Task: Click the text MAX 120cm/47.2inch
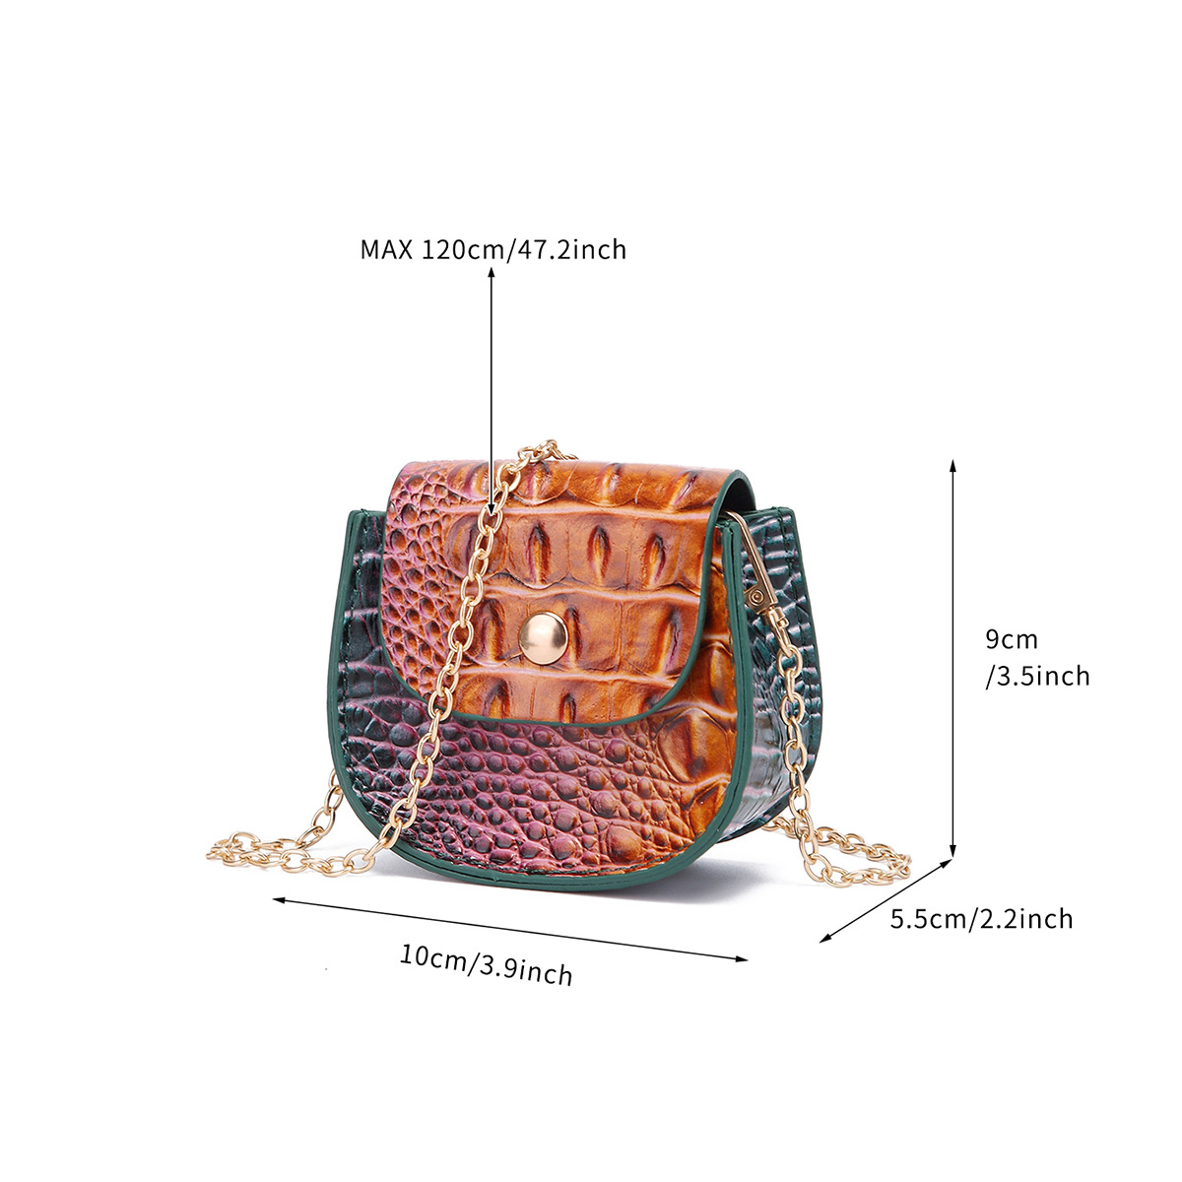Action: (492, 249)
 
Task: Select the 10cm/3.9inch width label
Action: (487, 964)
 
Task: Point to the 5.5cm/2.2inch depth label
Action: (981, 919)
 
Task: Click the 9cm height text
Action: (1012, 639)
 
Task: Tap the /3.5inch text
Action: (1037, 676)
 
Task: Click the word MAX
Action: (386, 249)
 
